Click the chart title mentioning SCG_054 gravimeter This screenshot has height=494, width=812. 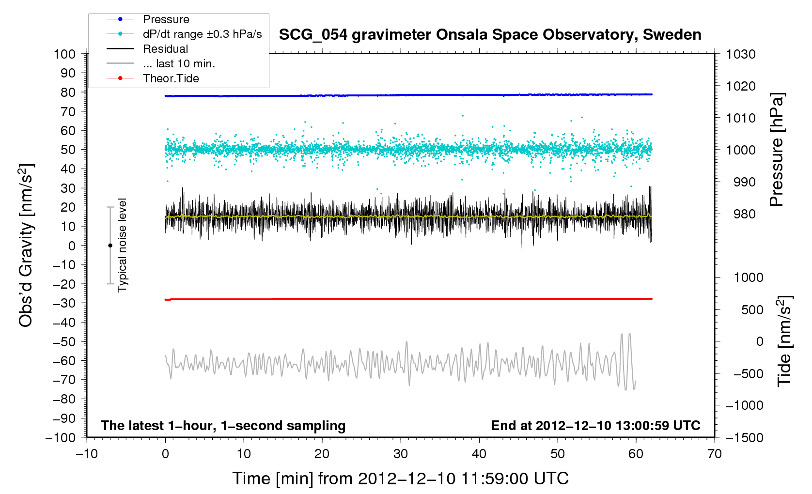[490, 35]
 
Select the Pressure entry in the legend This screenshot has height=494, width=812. [166, 19]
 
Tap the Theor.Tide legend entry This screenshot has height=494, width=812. [171, 78]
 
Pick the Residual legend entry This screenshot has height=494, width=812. [165, 49]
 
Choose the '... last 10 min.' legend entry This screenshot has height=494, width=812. [179, 64]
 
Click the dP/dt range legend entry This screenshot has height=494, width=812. [202, 34]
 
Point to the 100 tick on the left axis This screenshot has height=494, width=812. [65, 54]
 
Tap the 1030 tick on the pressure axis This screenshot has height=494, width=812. [741, 54]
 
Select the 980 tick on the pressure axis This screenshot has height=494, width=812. [741, 214]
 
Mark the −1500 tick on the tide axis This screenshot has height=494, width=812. [744, 437]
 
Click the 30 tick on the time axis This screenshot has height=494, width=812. [401, 454]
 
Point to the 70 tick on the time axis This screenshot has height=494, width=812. [715, 454]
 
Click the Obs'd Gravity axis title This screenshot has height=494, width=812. [26, 245]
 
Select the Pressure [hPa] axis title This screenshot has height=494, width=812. [777, 150]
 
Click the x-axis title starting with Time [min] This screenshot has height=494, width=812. [400, 479]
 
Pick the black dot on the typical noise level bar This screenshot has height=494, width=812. [110, 246]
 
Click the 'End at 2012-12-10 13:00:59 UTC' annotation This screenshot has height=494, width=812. [595, 426]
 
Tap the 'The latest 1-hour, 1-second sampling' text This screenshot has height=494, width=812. [223, 426]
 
